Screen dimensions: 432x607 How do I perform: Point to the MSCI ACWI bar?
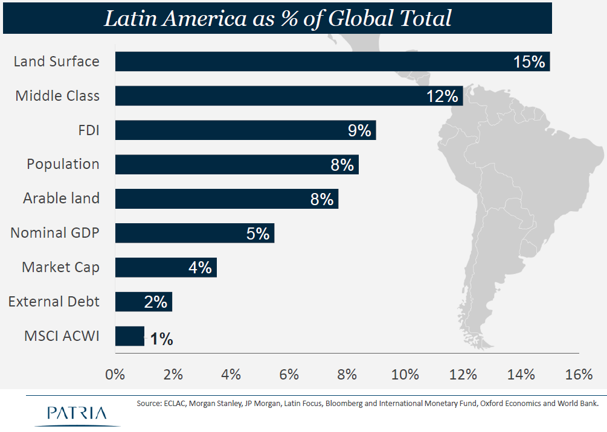(129, 336)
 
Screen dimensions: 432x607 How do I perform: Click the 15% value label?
(529, 62)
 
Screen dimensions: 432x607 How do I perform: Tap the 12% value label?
(443, 96)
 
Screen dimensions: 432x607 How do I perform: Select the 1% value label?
(161, 339)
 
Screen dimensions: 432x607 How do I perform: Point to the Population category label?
(63, 164)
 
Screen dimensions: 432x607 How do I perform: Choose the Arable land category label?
(61, 198)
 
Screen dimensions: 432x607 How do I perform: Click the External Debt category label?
(54, 301)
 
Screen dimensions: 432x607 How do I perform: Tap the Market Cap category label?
(60, 267)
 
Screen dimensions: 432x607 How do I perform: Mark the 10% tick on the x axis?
(405, 374)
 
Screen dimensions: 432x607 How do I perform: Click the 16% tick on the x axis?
(579, 374)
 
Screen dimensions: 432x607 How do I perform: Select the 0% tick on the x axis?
(115, 374)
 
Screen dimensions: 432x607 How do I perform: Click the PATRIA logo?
(77, 413)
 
